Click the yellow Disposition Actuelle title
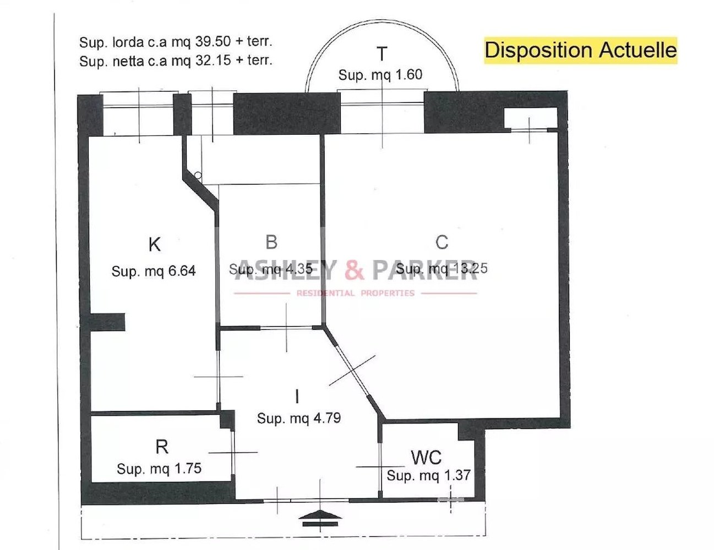tap(580, 50)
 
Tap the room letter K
tap(155, 244)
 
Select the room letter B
tap(271, 242)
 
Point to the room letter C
tap(442, 242)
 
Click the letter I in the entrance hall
tap(297, 396)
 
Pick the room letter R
tap(161, 447)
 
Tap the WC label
tap(426, 457)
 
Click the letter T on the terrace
tap(381, 54)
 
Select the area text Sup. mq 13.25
tap(442, 268)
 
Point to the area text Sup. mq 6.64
tap(154, 271)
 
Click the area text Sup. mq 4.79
tap(299, 419)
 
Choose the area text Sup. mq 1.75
tap(159, 469)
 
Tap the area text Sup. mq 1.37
tap(428, 476)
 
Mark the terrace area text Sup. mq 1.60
tap(380, 75)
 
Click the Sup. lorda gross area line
tap(176, 42)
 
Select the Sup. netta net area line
tap(176, 61)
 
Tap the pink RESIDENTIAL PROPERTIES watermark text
tap(355, 293)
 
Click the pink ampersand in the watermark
tap(354, 270)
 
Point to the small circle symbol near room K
tap(198, 175)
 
